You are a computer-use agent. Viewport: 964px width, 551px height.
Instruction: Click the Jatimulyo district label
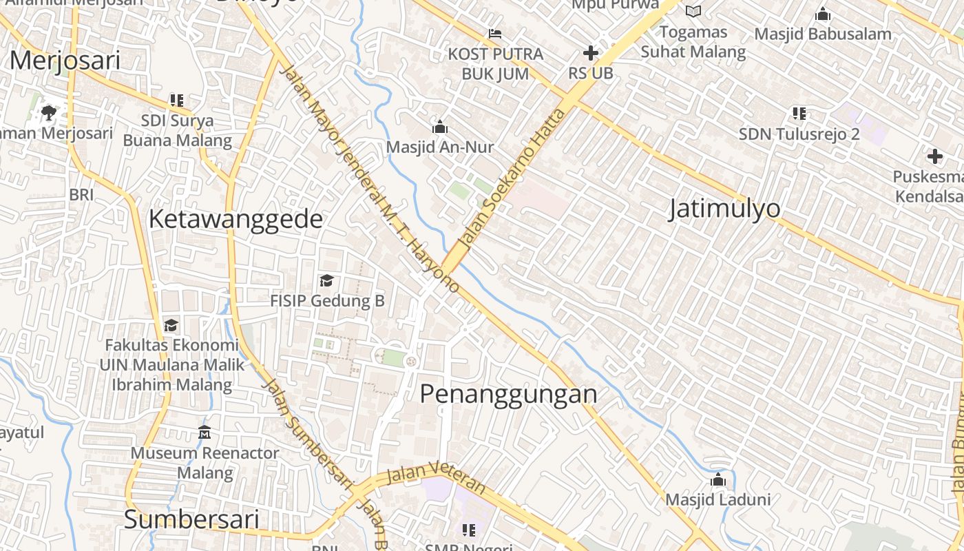point(724,208)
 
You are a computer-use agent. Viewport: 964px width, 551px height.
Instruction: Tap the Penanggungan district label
point(508,394)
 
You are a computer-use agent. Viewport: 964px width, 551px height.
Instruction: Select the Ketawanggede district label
point(235,219)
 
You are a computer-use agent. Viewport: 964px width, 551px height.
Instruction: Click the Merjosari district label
point(65,61)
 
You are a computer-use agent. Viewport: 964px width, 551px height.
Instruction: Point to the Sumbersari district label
point(191,519)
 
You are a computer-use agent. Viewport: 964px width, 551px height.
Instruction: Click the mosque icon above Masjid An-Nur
point(439,127)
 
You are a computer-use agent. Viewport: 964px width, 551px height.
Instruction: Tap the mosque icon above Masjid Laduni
point(718,479)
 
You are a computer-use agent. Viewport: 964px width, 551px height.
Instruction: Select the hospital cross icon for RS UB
point(590,53)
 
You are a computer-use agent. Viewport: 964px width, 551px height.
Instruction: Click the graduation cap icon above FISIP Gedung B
point(326,280)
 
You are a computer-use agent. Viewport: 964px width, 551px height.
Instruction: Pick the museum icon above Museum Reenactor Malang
point(205,433)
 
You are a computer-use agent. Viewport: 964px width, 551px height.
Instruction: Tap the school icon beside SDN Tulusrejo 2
point(799,113)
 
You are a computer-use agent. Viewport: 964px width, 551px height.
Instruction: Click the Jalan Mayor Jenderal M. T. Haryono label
point(370,179)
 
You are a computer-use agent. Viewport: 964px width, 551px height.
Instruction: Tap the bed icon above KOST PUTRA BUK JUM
point(494,33)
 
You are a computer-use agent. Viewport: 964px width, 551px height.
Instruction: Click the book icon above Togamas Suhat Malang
point(693,11)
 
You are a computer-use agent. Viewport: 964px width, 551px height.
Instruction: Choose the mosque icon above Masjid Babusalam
point(822,14)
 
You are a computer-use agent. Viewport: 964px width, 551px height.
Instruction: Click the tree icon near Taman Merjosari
point(48,112)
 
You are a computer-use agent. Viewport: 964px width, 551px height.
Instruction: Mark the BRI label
point(81,195)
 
